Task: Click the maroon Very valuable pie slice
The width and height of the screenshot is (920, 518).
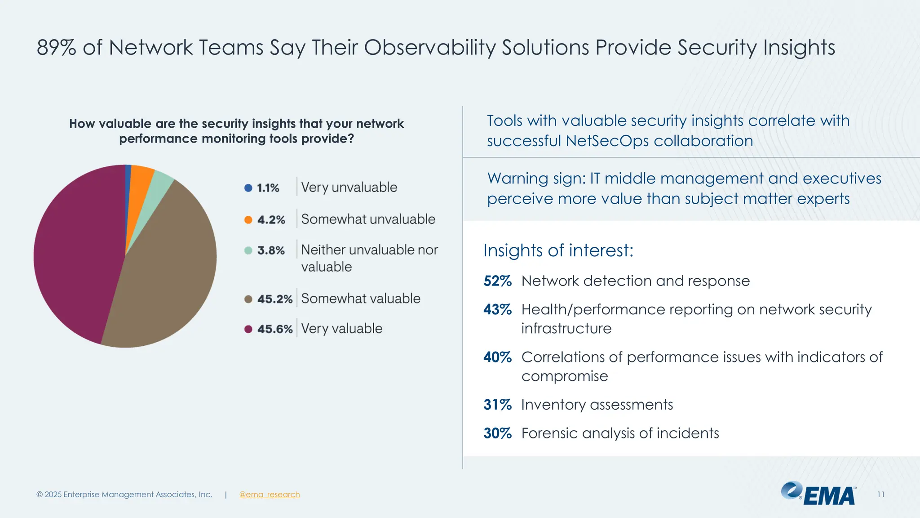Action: point(76,252)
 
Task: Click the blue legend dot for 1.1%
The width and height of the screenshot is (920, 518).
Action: point(248,188)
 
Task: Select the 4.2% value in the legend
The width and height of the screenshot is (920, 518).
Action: point(271,220)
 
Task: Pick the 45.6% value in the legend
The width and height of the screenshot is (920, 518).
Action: point(275,329)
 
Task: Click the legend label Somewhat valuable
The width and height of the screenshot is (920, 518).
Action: point(361,299)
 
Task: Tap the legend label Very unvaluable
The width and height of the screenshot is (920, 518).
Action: point(349,188)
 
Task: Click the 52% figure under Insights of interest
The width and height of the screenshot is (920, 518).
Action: point(497,281)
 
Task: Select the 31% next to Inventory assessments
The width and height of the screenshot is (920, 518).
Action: point(497,405)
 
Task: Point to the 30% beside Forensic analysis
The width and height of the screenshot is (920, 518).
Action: point(497,433)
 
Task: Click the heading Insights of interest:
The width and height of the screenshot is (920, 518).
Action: point(558,250)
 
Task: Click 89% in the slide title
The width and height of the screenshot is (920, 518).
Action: point(57,48)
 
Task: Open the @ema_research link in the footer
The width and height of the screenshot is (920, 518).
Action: point(270,495)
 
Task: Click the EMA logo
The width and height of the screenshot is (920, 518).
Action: point(818,494)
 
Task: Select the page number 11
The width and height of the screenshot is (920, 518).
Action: point(881,495)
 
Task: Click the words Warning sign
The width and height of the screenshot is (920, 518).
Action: point(536,179)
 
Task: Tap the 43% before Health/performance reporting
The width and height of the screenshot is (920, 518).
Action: point(497,310)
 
